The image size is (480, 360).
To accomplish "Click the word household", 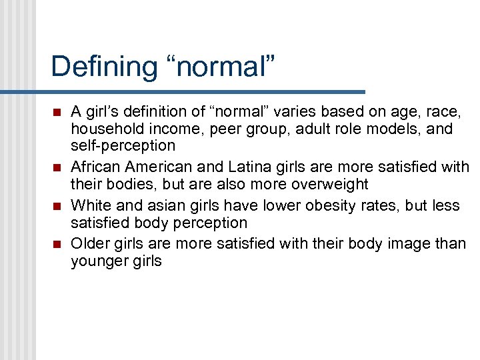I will pos(106,129).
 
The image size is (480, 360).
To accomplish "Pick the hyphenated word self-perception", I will pos(123,145).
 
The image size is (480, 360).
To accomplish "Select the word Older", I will pos(90,244).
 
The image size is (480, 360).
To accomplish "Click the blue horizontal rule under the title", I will pos(200,91).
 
